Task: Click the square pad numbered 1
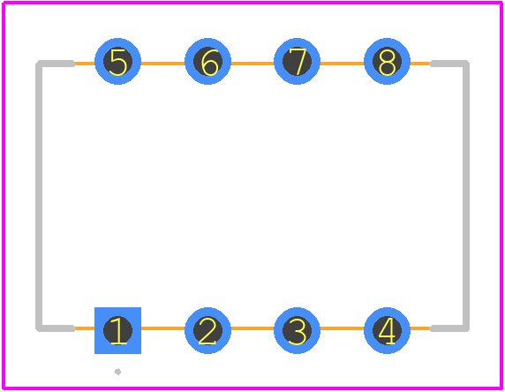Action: [117, 330]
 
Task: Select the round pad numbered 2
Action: [207, 330]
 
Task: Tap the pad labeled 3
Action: [297, 330]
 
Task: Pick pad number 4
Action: [387, 330]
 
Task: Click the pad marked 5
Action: [117, 61]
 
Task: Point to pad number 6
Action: [207, 61]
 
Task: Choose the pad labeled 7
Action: [297, 61]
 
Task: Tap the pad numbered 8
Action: [387, 61]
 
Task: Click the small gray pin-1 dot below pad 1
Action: [118, 372]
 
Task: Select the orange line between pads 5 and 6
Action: [162, 64]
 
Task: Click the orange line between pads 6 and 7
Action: [253, 64]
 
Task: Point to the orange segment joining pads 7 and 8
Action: [342, 64]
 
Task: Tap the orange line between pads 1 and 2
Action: [162, 328]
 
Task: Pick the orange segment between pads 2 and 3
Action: [253, 328]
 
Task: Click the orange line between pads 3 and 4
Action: [342, 328]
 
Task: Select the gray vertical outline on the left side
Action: [39, 196]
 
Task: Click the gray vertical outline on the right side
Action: [466, 196]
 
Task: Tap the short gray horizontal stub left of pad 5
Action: [56, 64]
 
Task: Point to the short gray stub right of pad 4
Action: [449, 328]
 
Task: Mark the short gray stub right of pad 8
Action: [449, 64]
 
